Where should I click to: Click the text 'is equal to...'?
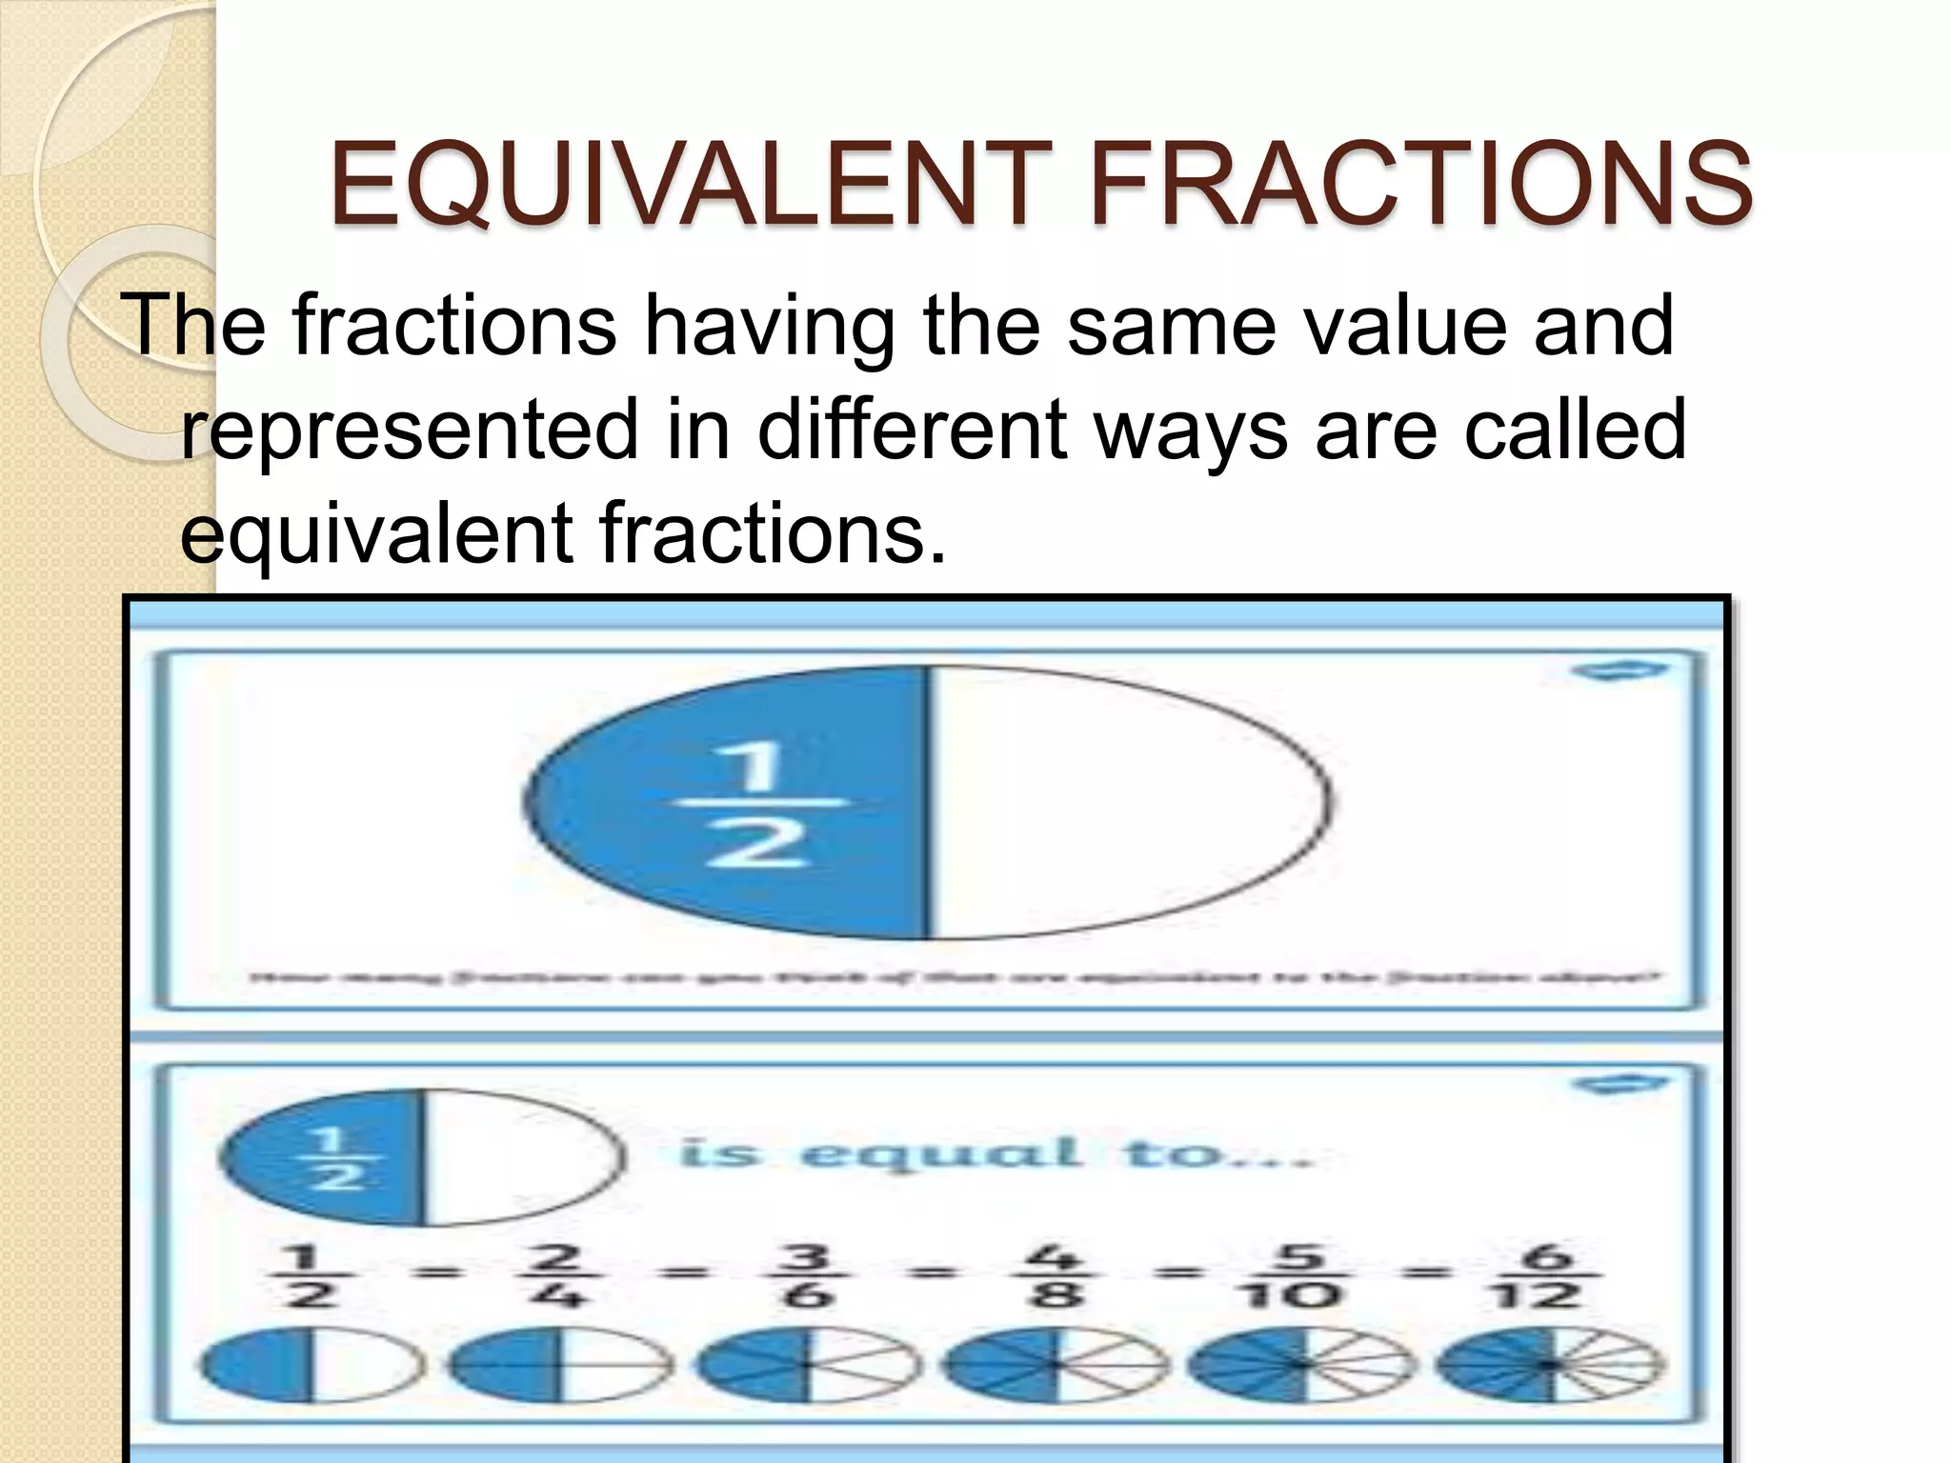point(996,1154)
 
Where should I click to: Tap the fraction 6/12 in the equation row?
point(1549,1276)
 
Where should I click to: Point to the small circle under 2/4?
point(559,1365)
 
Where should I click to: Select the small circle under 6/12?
point(1551,1365)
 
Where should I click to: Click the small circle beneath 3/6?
point(808,1365)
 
